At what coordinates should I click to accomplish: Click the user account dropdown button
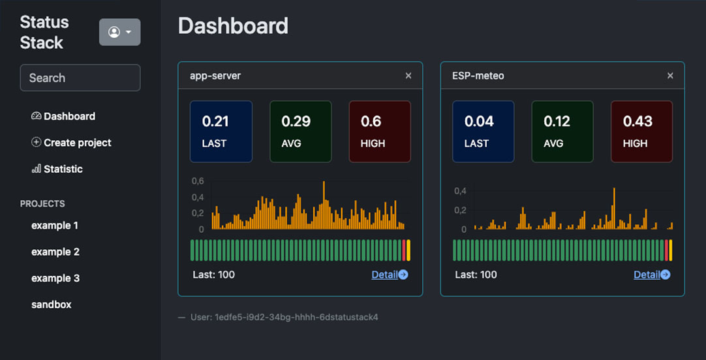click(119, 32)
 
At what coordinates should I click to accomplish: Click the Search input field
click(80, 78)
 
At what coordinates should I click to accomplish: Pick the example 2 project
click(55, 252)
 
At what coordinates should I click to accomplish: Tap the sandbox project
click(52, 305)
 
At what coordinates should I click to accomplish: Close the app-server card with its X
click(408, 76)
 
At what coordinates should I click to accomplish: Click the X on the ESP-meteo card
click(670, 76)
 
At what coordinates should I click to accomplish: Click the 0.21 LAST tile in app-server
click(221, 131)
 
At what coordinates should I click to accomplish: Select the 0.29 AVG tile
click(300, 131)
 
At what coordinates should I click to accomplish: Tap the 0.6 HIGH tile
click(380, 131)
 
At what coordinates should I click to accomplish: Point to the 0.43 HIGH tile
click(641, 131)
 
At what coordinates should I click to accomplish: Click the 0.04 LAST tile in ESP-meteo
click(483, 131)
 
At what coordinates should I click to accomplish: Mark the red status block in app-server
click(404, 250)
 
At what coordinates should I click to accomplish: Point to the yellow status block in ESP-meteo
click(670, 250)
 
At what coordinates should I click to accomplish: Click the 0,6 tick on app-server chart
click(198, 181)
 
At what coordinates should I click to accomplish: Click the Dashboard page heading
click(233, 25)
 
